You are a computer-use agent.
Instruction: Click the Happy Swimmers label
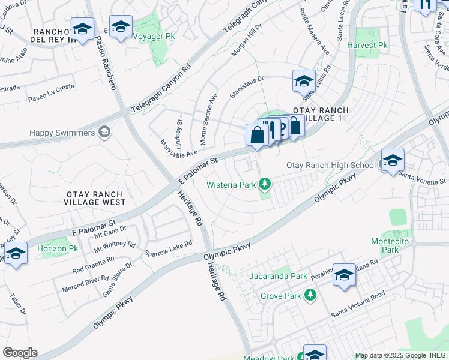coord(62,133)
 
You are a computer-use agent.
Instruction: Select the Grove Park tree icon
coord(311,295)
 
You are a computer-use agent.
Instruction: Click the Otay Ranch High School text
coord(331,165)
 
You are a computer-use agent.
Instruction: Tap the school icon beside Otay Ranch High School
coord(393,160)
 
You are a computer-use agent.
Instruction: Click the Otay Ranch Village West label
coord(95,198)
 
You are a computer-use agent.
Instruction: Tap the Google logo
coord(20,353)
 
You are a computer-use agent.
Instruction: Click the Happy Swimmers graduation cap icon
coord(104,132)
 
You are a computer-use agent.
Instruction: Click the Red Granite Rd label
coord(93,263)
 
